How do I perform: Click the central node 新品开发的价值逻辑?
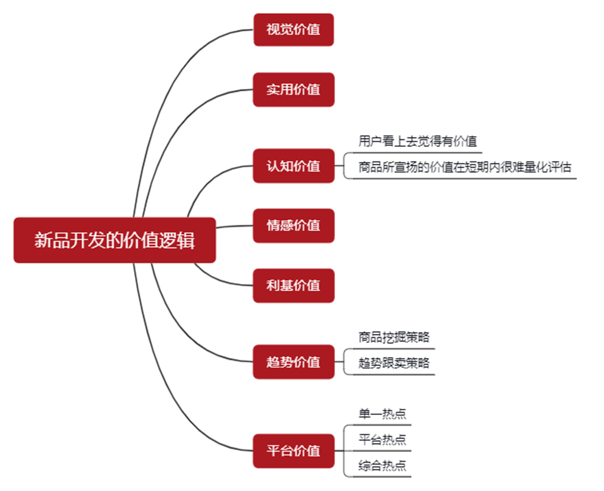click(114, 240)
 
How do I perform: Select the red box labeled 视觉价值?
click(294, 30)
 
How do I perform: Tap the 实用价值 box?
click(294, 90)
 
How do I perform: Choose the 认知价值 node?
click(294, 166)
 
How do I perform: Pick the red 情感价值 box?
click(294, 225)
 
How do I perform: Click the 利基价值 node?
click(294, 286)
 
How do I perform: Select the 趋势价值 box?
click(294, 362)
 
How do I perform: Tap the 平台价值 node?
click(294, 451)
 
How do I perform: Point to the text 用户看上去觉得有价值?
click(417, 141)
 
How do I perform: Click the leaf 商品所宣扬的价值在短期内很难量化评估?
click(464, 167)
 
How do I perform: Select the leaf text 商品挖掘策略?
click(394, 337)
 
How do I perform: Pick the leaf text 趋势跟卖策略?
click(394, 363)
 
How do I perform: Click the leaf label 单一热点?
click(382, 414)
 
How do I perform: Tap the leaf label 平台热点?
click(382, 440)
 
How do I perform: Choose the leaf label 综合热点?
click(382, 466)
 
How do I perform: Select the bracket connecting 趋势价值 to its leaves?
click(343, 362)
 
